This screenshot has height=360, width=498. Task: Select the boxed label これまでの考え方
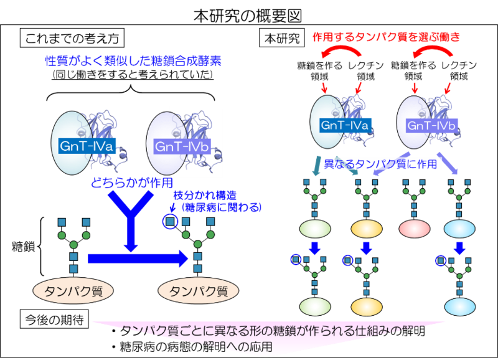pos(71,39)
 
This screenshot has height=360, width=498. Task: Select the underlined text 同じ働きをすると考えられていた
pos(133,75)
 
